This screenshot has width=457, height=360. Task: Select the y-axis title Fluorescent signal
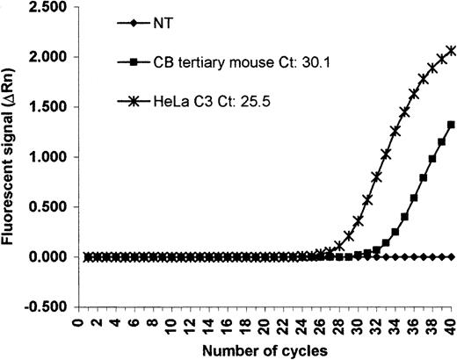(x=11, y=157)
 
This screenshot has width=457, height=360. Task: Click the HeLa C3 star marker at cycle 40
(x=452, y=52)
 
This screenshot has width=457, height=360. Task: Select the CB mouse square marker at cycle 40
(x=452, y=125)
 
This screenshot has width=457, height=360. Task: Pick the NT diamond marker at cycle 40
(x=452, y=256)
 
